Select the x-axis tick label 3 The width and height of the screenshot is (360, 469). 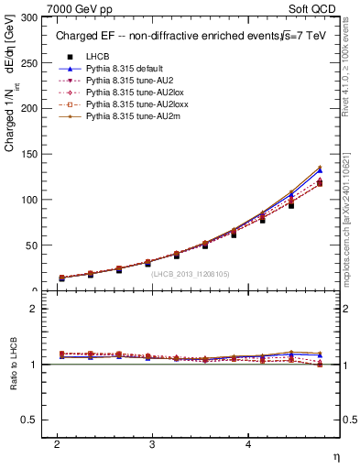point(152,443)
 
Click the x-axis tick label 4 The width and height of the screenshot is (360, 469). point(247,443)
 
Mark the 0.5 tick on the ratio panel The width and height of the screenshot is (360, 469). point(31,420)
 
